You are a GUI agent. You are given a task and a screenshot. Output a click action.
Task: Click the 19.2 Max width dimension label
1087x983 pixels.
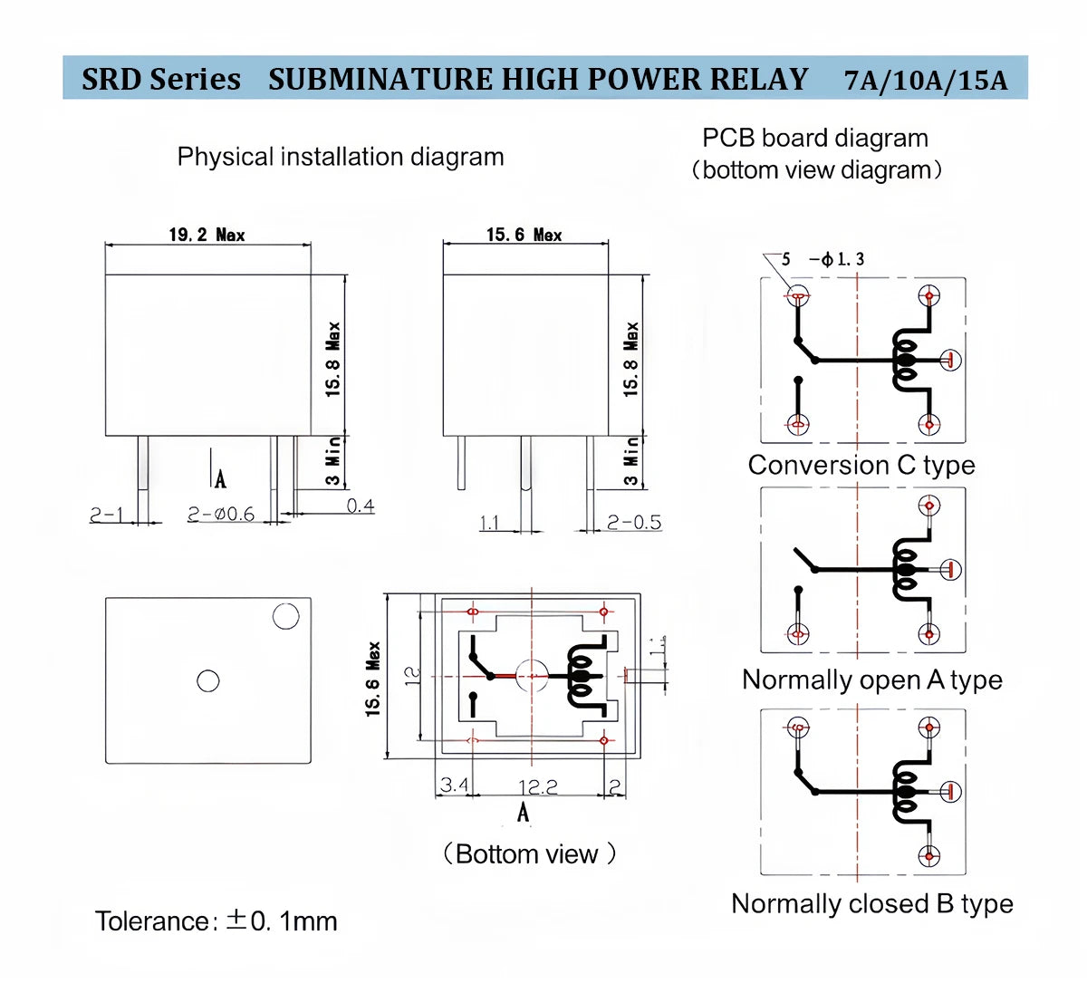[207, 235]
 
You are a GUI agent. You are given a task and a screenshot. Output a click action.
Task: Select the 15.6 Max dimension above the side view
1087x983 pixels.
[524, 235]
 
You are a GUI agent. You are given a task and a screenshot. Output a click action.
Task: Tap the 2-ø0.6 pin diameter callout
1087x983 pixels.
[221, 515]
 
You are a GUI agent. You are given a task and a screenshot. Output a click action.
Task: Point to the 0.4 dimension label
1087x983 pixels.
[360, 506]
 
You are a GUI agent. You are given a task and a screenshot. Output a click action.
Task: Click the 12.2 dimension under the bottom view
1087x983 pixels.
[537, 786]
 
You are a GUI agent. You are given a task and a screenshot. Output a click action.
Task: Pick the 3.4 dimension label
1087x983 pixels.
[453, 784]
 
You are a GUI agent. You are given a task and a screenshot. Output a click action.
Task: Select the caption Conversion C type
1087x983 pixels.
[861, 465]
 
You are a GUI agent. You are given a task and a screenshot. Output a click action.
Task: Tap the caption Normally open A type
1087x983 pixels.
[871, 679]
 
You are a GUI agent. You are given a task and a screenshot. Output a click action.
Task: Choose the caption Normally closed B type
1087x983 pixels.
[871, 903]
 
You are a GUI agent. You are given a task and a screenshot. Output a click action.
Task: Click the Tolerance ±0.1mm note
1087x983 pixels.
[216, 921]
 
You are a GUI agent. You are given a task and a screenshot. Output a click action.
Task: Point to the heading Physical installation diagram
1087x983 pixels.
[341, 157]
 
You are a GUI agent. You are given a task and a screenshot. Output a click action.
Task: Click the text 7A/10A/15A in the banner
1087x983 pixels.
[926, 80]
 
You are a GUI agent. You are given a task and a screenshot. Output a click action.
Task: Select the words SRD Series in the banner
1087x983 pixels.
[161, 79]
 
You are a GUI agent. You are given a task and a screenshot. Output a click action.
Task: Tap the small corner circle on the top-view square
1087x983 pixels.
[285, 617]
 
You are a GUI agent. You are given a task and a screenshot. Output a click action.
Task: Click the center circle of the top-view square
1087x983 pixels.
[208, 680]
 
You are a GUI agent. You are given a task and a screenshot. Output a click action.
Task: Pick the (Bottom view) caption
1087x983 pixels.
[529, 853]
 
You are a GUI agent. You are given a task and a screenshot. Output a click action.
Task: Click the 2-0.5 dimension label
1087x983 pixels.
[633, 522]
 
